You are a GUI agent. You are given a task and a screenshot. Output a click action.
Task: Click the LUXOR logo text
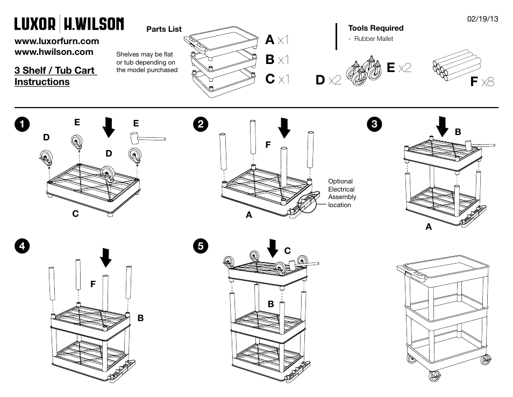(x=35, y=24)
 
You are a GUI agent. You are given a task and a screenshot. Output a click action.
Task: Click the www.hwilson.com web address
(x=54, y=52)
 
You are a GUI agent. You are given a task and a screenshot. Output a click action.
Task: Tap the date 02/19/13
(x=482, y=19)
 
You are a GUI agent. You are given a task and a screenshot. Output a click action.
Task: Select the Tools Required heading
(x=375, y=29)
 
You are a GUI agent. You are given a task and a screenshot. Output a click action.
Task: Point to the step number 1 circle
(x=21, y=123)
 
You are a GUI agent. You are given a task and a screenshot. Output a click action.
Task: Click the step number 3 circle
(x=375, y=123)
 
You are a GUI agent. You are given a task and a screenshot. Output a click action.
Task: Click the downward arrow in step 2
(x=284, y=127)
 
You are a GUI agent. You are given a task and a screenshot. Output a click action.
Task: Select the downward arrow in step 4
(x=106, y=257)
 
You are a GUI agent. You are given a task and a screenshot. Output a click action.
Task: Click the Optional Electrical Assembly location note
(x=341, y=193)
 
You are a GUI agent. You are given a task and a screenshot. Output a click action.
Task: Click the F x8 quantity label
(x=482, y=82)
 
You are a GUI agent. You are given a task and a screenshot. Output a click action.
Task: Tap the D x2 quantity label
(x=329, y=80)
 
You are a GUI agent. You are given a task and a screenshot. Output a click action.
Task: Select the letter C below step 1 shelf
(x=76, y=214)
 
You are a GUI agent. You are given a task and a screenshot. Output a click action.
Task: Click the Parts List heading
(x=164, y=29)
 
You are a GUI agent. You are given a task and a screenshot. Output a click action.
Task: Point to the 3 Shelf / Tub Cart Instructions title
(x=55, y=76)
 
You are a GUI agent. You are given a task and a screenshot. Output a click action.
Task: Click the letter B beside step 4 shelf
(x=140, y=318)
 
